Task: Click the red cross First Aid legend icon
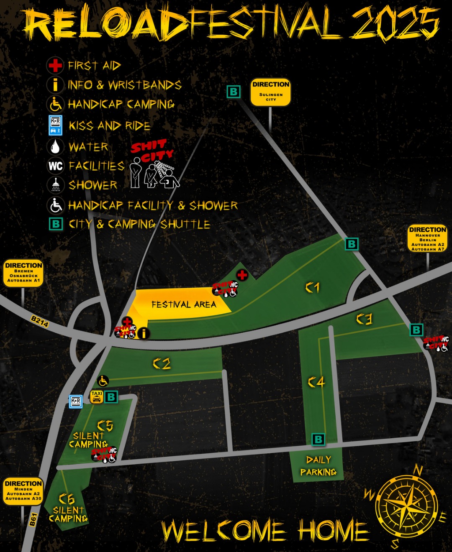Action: [x=55, y=66]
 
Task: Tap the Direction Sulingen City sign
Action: [x=270, y=92]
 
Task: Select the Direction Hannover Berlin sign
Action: [x=427, y=239]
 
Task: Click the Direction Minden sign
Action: [x=23, y=491]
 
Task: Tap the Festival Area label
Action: [x=184, y=304]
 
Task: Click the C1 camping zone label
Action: [x=312, y=287]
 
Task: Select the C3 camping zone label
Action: [x=364, y=319]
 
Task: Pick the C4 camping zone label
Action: [x=316, y=381]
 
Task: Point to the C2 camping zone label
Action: [x=162, y=363]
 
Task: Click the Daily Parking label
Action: [x=318, y=466]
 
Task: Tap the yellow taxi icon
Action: [x=97, y=396]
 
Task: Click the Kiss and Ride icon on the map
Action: [x=76, y=401]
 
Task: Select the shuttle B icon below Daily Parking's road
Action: [x=318, y=439]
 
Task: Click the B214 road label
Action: [x=40, y=321]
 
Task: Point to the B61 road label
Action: [x=33, y=519]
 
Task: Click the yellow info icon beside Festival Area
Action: [x=144, y=333]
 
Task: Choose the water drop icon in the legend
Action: [x=55, y=147]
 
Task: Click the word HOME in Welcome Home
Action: [x=334, y=531]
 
